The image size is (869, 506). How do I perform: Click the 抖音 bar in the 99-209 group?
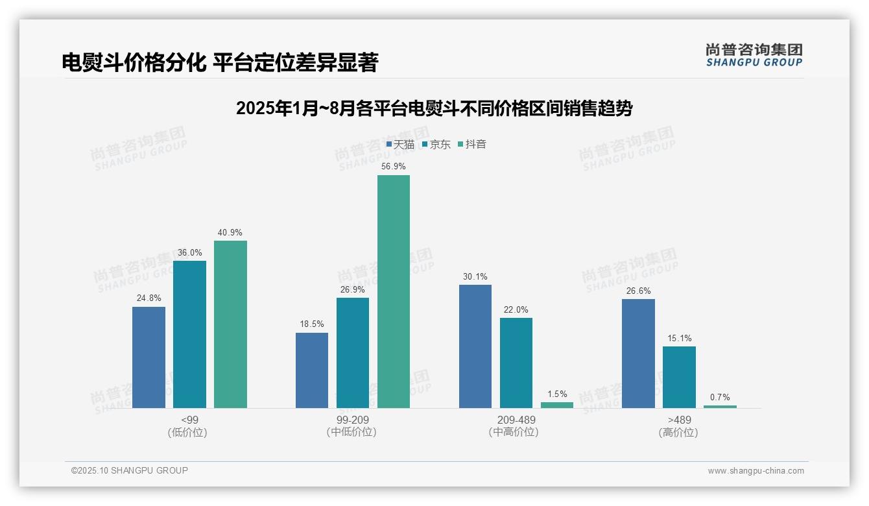point(394,291)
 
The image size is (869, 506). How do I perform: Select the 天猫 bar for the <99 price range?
point(149,357)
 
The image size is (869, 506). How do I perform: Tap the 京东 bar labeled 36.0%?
point(189,334)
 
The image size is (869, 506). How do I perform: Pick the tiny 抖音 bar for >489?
point(720,407)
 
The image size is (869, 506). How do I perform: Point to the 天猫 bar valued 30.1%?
point(475,346)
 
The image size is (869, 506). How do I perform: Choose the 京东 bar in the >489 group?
point(679,377)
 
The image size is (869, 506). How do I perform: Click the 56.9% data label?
point(394,167)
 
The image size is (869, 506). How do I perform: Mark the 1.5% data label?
point(557,394)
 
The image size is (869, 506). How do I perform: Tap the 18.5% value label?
point(312,324)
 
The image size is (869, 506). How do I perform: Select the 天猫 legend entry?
point(400,145)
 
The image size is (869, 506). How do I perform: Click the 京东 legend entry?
point(436,145)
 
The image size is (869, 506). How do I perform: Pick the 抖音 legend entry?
point(472,145)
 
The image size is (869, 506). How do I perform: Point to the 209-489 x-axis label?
point(516,420)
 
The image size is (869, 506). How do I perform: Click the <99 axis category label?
point(190,420)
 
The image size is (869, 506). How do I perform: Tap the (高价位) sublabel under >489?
point(679,433)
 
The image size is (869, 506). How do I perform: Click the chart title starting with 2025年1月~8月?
point(434,108)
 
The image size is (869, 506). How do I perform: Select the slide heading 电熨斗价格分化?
point(220,62)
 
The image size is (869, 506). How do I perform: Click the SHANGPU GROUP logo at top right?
point(754,55)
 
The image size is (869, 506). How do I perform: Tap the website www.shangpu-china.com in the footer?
point(756,471)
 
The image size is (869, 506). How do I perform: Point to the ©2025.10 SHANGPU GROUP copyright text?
point(130,471)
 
